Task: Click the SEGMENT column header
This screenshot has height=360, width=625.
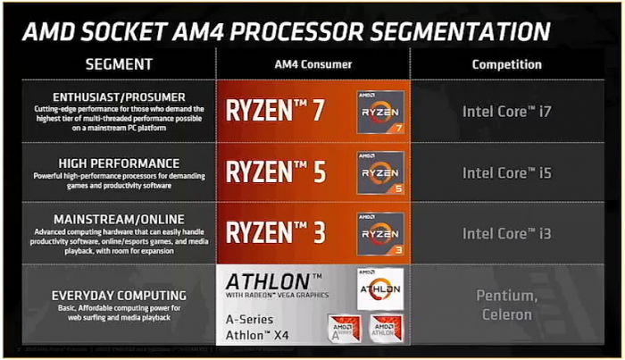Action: [119, 64]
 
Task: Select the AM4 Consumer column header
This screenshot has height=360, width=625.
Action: [312, 64]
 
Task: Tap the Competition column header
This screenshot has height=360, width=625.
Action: [506, 64]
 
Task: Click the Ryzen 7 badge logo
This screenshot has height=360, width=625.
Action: [379, 112]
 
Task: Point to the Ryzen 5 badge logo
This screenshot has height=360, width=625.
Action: [379, 172]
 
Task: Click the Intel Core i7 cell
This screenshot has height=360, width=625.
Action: [506, 112]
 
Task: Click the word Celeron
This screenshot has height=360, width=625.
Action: [505, 314]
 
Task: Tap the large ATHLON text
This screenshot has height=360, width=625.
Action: [273, 280]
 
